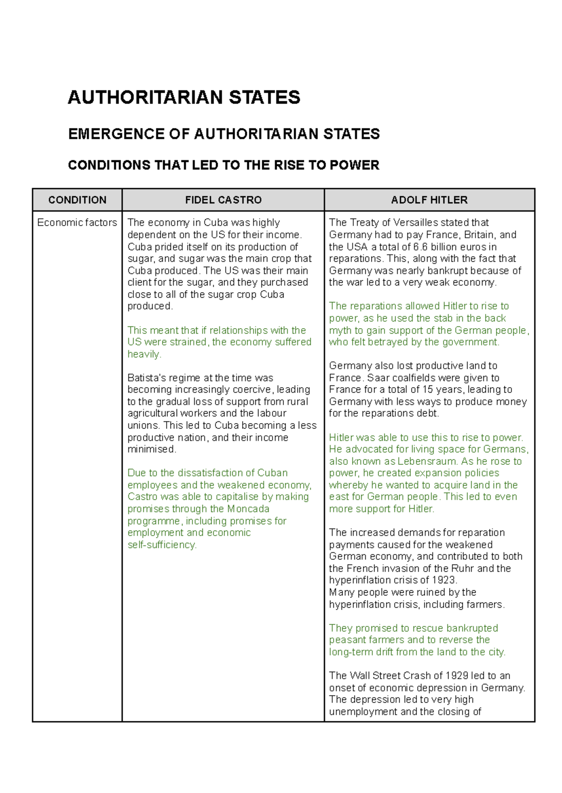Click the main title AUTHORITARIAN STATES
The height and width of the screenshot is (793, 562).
[x=184, y=97]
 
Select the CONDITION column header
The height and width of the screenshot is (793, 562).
[x=77, y=200]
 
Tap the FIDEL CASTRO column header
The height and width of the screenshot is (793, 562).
[x=223, y=200]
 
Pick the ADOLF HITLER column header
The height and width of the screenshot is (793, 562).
[x=429, y=200]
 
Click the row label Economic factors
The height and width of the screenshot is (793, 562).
[x=77, y=222]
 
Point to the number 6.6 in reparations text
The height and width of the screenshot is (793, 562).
[x=420, y=247]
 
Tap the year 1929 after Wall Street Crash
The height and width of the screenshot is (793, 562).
[x=457, y=676]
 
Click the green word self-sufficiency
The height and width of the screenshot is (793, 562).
[x=162, y=545]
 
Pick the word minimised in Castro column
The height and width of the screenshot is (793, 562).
[x=151, y=449]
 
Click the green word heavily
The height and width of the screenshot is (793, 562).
[x=144, y=354]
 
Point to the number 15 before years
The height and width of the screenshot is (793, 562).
[x=428, y=389]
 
